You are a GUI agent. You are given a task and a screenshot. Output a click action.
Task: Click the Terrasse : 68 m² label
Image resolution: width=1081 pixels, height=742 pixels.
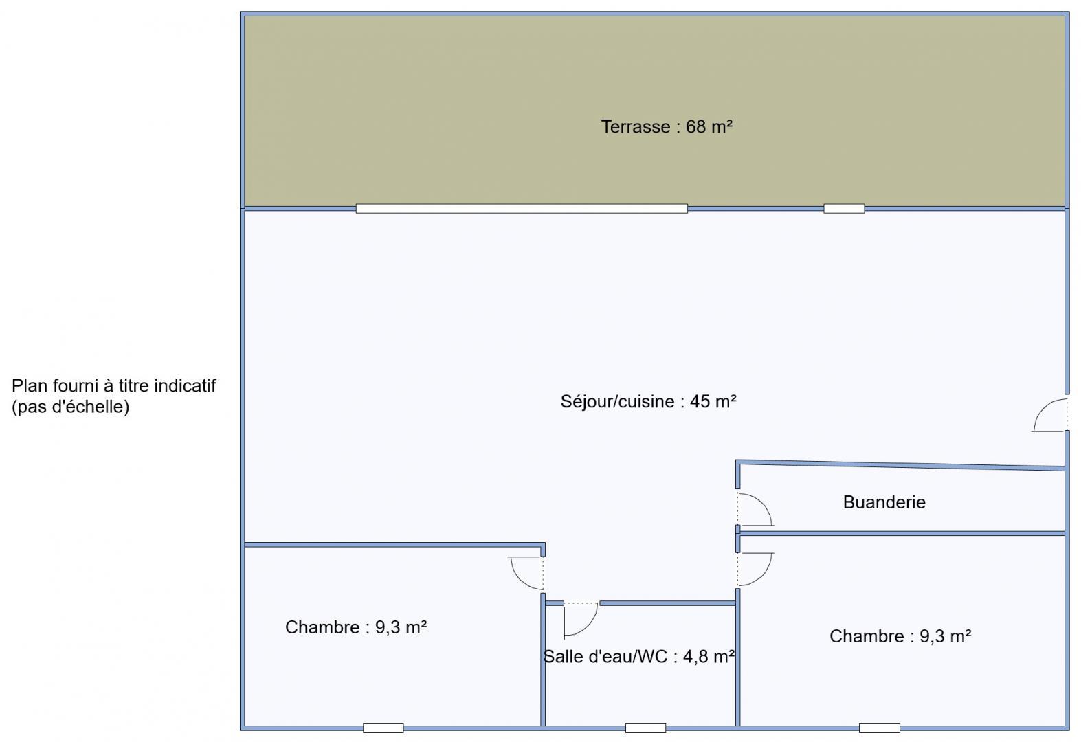point(667,127)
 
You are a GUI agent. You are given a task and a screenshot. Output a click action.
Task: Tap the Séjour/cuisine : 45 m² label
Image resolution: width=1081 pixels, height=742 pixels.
point(648,401)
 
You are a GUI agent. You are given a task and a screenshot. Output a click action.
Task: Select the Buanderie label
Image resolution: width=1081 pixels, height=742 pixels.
point(884,503)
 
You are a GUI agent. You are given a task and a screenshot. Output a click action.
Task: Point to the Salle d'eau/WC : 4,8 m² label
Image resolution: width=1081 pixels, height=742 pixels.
point(639,657)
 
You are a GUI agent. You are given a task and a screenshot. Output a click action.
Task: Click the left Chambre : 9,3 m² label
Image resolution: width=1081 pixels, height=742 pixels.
point(356,627)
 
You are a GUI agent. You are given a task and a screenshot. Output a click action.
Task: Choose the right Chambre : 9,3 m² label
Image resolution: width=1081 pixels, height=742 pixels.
point(900,636)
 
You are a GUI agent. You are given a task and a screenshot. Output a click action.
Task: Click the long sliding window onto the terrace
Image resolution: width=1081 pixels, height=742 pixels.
point(522,208)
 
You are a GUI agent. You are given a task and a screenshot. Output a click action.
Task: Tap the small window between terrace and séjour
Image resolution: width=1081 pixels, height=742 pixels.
point(844,208)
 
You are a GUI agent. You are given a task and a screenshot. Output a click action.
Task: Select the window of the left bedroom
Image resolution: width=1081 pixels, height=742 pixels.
point(383,728)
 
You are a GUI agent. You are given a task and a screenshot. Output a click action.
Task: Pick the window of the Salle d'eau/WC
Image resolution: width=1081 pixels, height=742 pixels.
point(646,728)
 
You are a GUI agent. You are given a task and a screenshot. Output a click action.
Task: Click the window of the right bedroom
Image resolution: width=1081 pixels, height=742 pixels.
point(879,728)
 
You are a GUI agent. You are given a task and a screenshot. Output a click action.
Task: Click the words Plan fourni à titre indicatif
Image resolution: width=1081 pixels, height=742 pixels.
point(114,386)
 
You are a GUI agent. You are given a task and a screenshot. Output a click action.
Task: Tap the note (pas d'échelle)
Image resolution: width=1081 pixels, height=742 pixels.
point(71,407)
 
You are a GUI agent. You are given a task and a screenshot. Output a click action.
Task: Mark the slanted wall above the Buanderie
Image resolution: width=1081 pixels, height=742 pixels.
point(900,465)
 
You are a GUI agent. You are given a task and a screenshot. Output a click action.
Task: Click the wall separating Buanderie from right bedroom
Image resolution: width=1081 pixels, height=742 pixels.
point(902,533)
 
